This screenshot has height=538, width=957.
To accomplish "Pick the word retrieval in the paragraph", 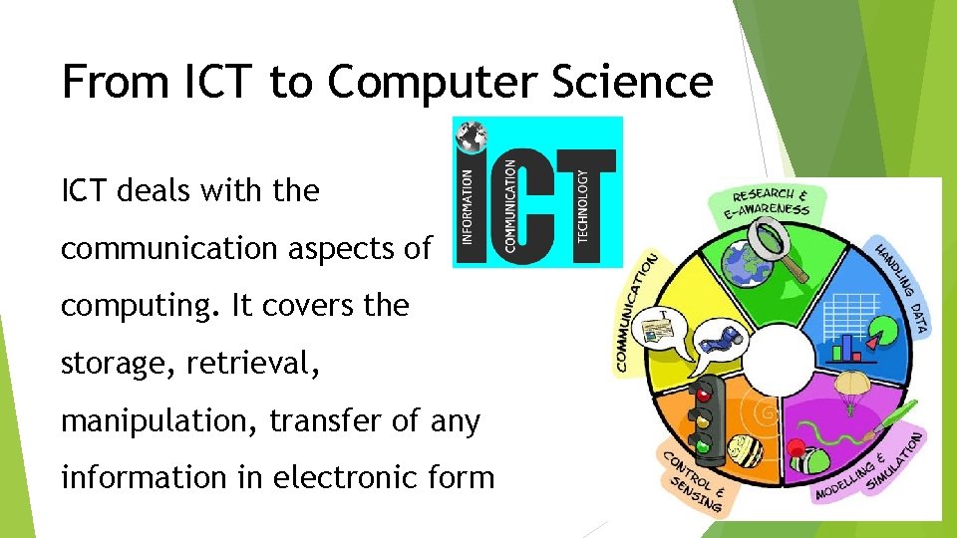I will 252,364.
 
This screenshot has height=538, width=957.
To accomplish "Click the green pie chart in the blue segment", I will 873,342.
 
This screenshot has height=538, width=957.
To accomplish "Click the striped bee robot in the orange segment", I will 747,450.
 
